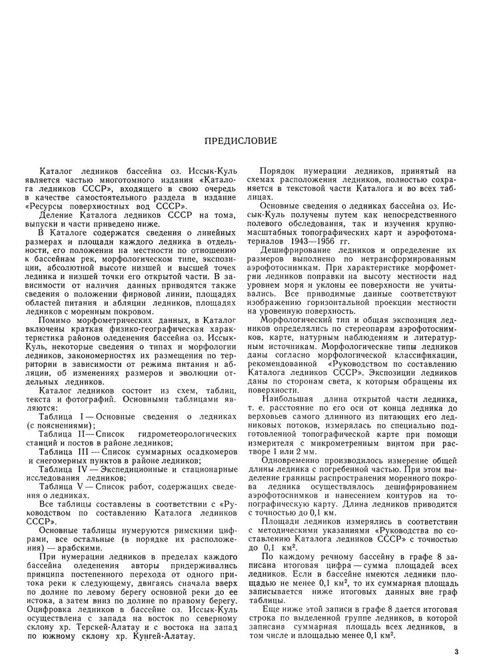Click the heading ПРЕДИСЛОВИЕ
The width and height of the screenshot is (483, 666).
pos(241,141)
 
